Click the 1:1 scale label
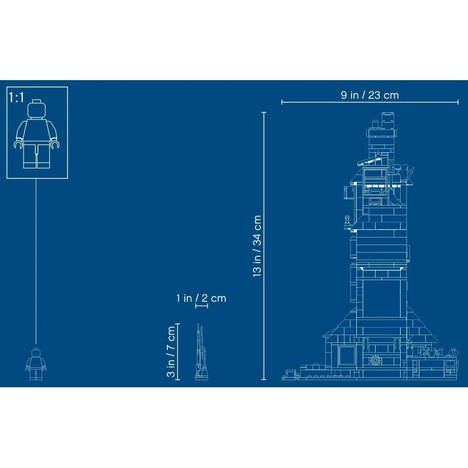click(16, 97)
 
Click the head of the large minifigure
click(36, 109)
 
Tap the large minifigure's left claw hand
click(19, 144)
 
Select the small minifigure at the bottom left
click(36, 364)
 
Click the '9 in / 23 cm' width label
click(370, 95)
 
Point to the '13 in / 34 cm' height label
click(257, 246)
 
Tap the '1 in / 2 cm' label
click(201, 298)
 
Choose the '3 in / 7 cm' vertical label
click(171, 352)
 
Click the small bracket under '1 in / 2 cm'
click(201, 306)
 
